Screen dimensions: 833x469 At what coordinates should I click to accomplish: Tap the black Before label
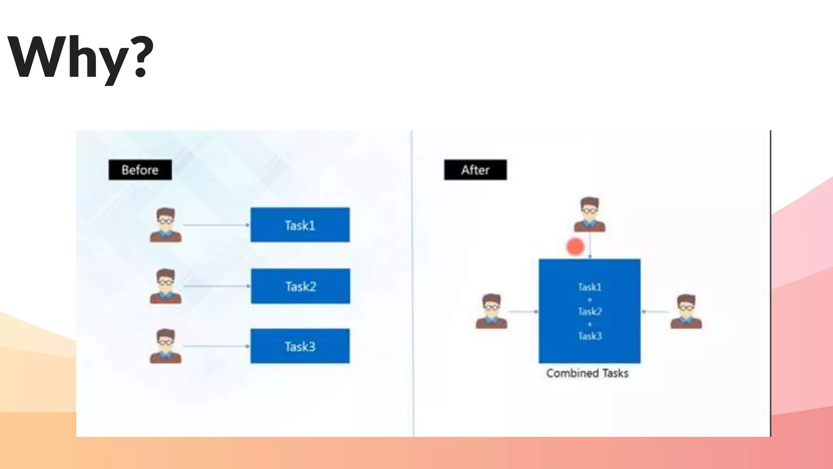tap(140, 170)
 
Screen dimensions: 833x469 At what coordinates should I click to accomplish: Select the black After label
tap(475, 170)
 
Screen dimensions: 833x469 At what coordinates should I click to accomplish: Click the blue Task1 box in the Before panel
tap(300, 225)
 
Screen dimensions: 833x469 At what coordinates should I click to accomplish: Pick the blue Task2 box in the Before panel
tap(300, 286)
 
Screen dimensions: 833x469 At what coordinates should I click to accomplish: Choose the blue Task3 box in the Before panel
tap(300, 346)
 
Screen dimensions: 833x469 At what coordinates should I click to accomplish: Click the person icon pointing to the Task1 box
tap(166, 225)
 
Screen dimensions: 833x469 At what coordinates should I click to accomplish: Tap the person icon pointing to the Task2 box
tap(166, 286)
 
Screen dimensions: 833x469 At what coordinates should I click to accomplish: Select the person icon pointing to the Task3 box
tap(166, 346)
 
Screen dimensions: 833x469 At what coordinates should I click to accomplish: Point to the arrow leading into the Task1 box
tap(216, 225)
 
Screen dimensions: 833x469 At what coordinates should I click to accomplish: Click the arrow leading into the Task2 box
tap(216, 286)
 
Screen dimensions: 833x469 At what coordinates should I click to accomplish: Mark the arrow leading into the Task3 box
tap(216, 346)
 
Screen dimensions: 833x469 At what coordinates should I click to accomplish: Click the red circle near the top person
tap(575, 247)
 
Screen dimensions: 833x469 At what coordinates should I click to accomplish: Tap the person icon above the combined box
tap(589, 215)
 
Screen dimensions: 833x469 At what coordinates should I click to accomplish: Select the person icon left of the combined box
tap(491, 311)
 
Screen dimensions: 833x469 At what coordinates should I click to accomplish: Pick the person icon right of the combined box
tap(686, 311)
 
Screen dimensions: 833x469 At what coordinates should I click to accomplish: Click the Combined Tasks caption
tap(587, 373)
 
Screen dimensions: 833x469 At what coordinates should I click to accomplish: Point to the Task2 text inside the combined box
tap(590, 312)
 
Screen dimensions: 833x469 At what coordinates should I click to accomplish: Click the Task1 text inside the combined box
tap(590, 287)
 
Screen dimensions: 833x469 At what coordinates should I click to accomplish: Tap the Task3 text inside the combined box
tap(590, 336)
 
